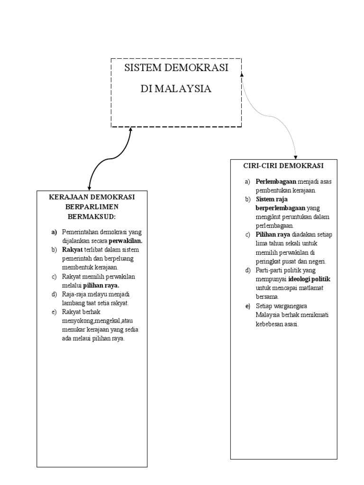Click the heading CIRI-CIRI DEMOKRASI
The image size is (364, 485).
click(x=283, y=166)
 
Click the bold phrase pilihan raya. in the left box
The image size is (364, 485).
click(x=101, y=286)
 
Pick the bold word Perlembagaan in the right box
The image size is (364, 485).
click(x=276, y=181)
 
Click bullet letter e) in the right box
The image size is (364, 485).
click(x=247, y=306)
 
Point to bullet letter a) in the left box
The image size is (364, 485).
click(x=54, y=232)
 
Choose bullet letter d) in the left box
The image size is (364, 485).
click(x=54, y=294)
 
